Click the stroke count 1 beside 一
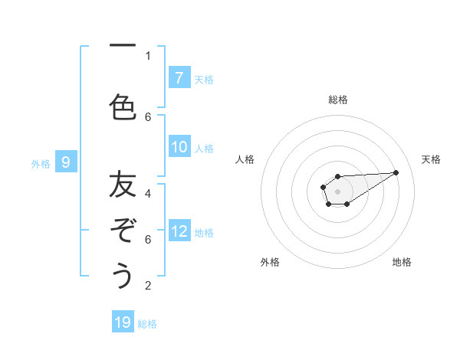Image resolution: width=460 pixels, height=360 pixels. click(x=148, y=55)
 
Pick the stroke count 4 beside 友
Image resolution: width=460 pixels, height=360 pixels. click(x=148, y=194)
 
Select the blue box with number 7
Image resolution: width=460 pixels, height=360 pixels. click(x=179, y=78)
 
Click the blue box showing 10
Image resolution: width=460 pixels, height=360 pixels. click(x=179, y=147)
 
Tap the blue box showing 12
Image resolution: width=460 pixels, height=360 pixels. click(x=179, y=231)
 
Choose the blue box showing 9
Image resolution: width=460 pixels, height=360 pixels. click(x=66, y=162)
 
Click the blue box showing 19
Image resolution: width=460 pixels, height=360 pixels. click(x=123, y=322)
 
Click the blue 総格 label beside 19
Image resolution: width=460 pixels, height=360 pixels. click(x=147, y=324)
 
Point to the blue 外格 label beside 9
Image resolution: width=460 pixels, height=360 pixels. click(x=41, y=163)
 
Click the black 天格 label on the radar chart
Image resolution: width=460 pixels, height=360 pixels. click(x=431, y=159)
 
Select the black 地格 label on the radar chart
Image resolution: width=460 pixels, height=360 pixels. click(x=402, y=262)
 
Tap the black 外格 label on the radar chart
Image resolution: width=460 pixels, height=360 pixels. click(x=270, y=262)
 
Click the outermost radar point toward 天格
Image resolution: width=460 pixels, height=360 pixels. click(x=396, y=172)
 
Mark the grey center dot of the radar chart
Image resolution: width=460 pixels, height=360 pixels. click(x=337, y=191)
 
